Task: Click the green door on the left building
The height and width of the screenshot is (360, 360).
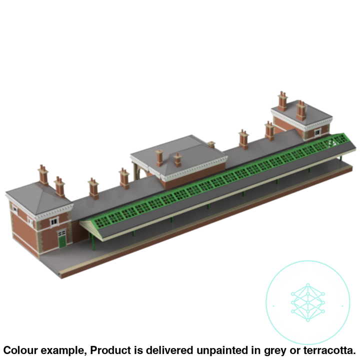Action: coord(62,242)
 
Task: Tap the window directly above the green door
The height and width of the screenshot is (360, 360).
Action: coord(54,222)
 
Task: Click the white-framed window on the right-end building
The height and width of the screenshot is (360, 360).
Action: coord(317,132)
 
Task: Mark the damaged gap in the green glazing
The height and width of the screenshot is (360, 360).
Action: coord(331,143)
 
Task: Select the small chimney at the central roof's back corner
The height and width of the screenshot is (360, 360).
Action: coord(211,144)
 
